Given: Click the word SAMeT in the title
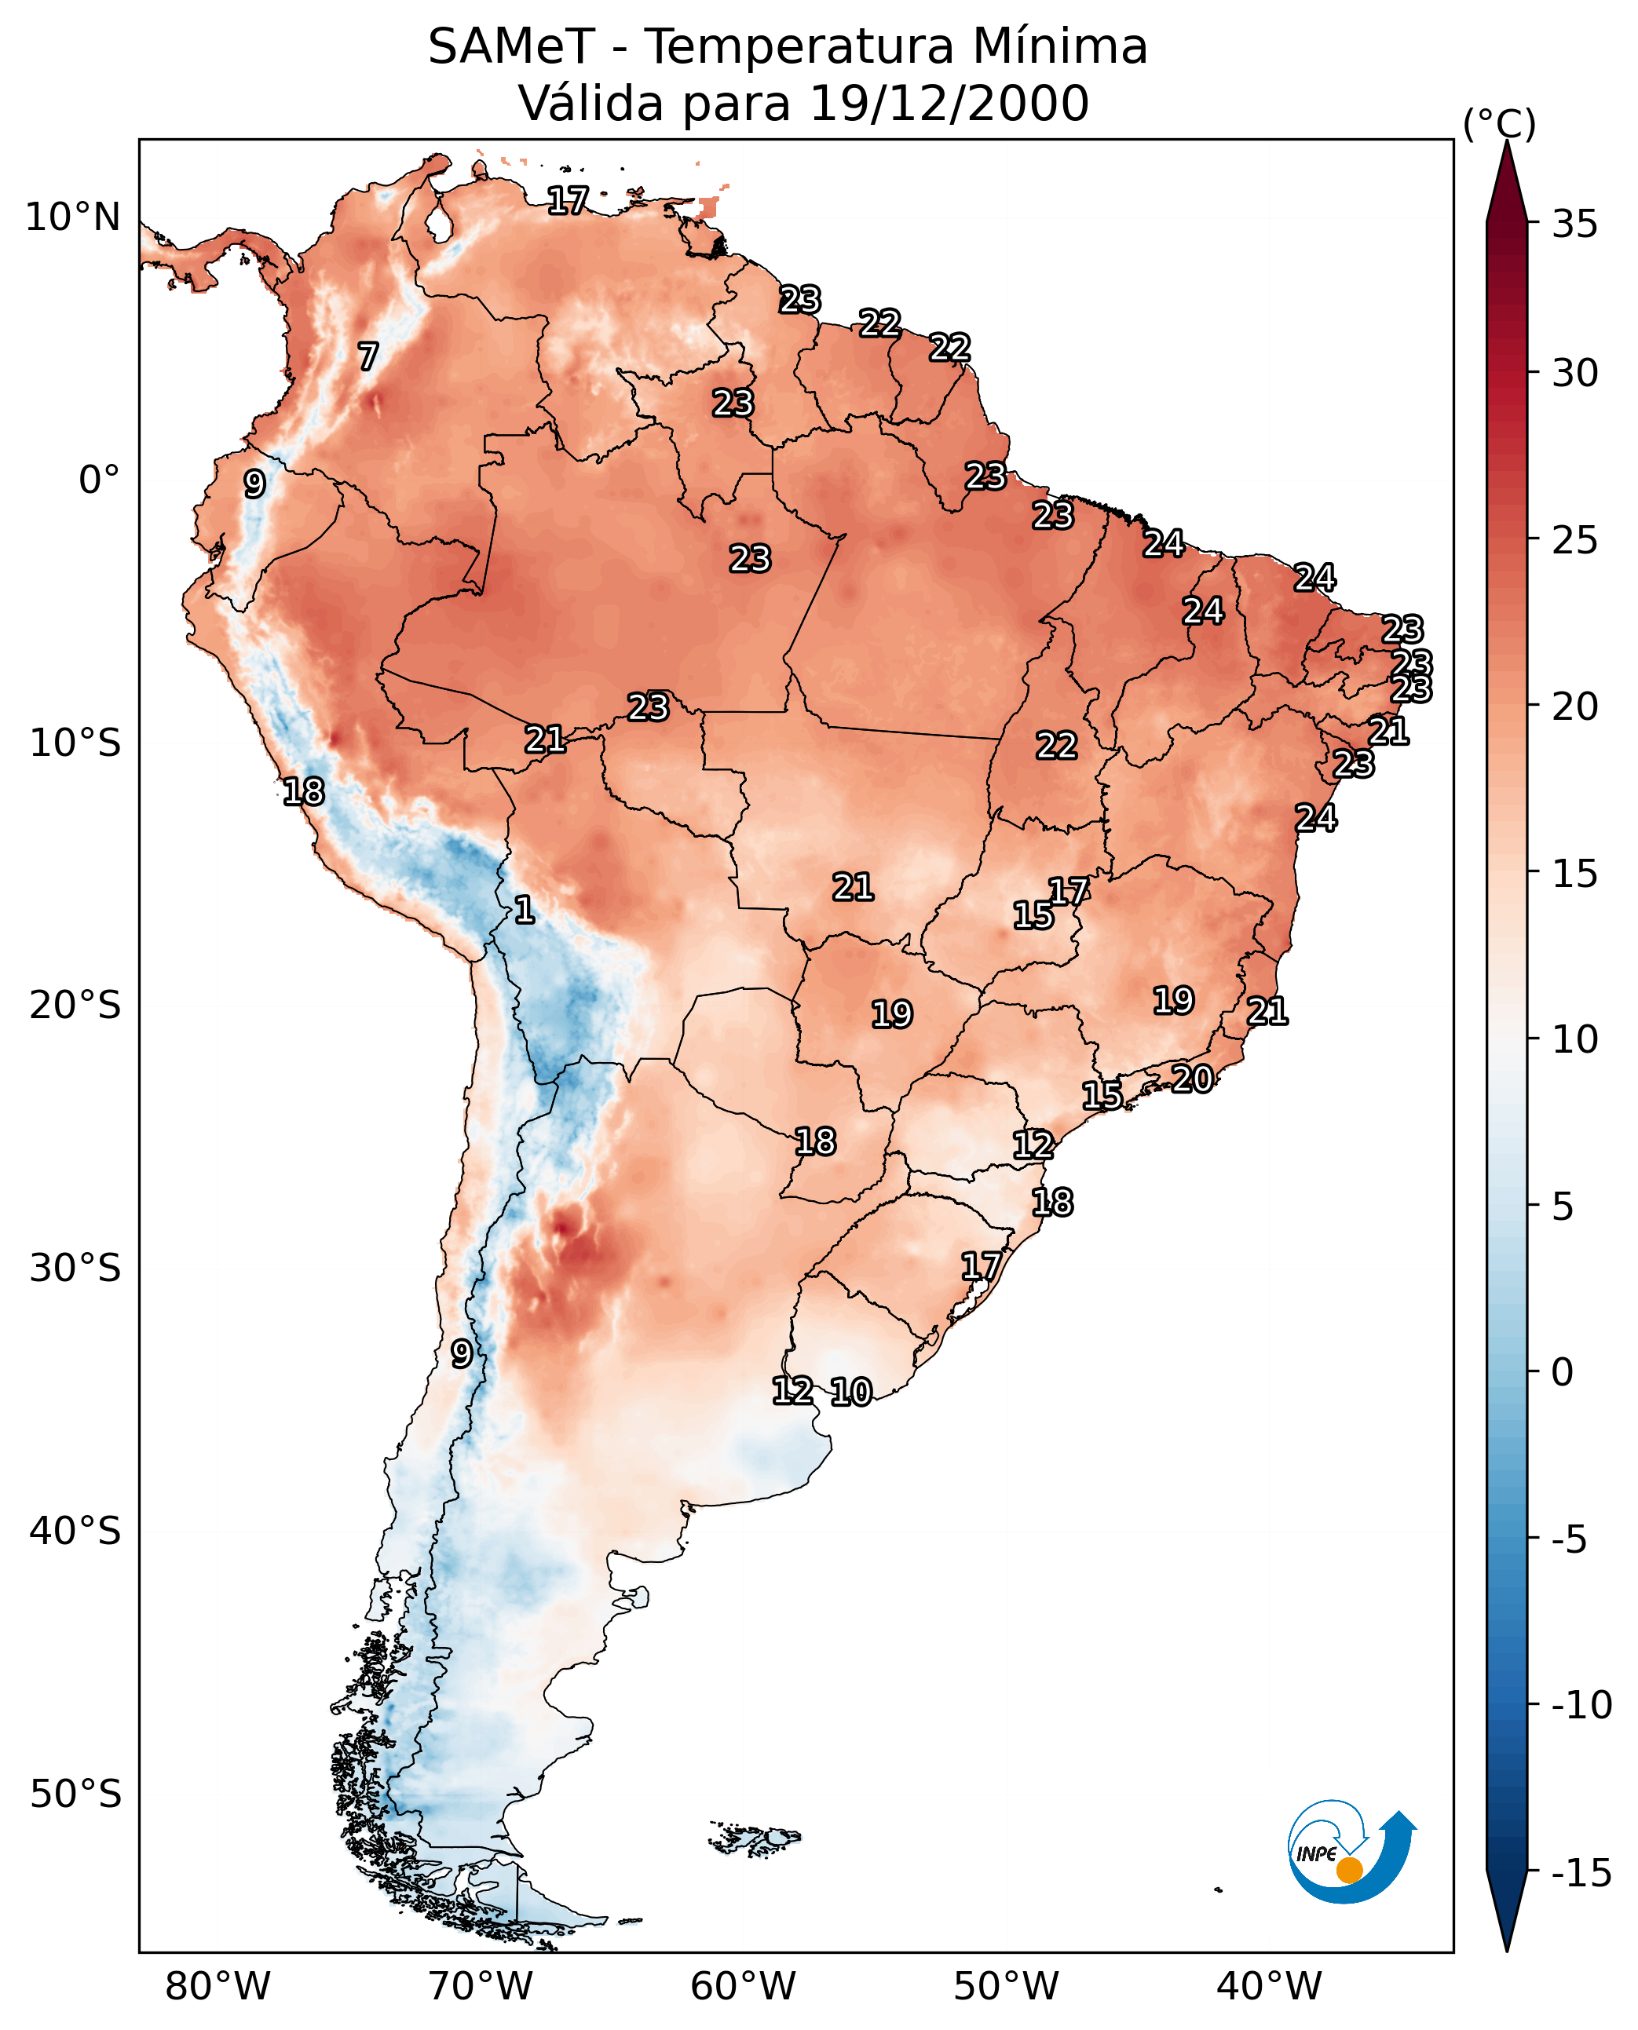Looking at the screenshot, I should pos(510,47).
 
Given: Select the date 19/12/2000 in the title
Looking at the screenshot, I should pos(949,104).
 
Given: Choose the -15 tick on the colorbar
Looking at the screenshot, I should pos(1581,1874).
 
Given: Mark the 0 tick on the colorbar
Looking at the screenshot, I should pos(1563,1371).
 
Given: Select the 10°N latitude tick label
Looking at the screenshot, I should pos(73,218).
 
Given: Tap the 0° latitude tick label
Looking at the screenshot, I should pos(99,480).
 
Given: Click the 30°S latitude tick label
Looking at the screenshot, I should pos(75,1268).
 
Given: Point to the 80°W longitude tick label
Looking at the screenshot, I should pos(218,1986).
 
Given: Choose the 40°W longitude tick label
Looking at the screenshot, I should pos(1269,1986).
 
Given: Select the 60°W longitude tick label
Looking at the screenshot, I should pos(744,1986).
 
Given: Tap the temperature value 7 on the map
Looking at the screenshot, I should pos(368,356).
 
